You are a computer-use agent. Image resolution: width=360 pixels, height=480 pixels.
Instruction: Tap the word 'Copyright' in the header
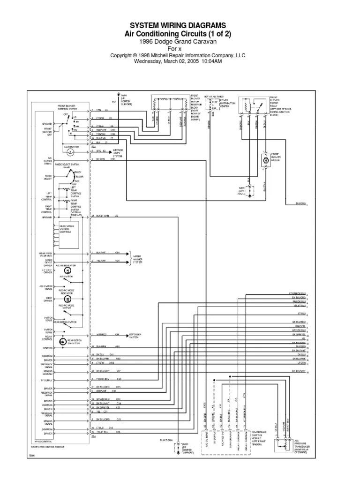click(x=122, y=55)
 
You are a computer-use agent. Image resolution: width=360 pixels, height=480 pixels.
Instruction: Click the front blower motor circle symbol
click(x=266, y=160)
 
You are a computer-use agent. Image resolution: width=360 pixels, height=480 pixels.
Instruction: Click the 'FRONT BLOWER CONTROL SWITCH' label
click(x=67, y=108)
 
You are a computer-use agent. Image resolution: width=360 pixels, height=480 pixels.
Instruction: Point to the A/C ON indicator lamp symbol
click(x=68, y=271)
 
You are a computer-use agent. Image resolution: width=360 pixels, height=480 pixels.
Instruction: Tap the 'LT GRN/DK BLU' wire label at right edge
click(x=297, y=292)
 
